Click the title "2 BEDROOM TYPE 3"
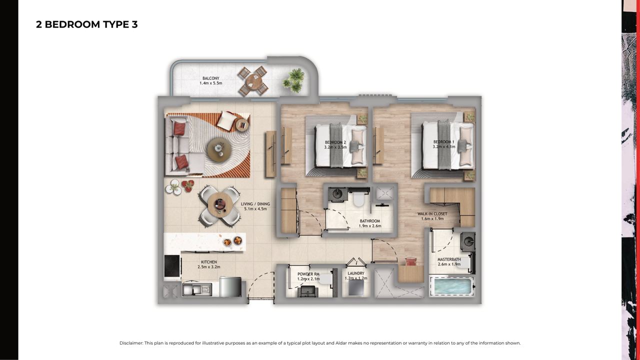(x=87, y=24)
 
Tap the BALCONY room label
(x=211, y=78)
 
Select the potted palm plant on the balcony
(x=293, y=80)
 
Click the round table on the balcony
(x=253, y=81)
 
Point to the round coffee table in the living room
(x=219, y=149)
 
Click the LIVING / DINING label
(x=255, y=204)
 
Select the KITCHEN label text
(x=209, y=262)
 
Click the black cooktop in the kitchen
(x=172, y=266)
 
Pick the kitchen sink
(x=197, y=289)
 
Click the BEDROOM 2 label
(x=335, y=142)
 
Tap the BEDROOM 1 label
(x=443, y=142)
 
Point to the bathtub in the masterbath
(x=452, y=286)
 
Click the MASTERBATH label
(x=449, y=259)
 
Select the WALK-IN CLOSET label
(x=432, y=213)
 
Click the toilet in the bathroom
(x=358, y=197)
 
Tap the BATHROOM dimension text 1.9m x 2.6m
(x=370, y=226)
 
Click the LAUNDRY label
(x=356, y=273)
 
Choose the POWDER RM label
(x=308, y=274)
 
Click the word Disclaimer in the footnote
(x=131, y=343)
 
